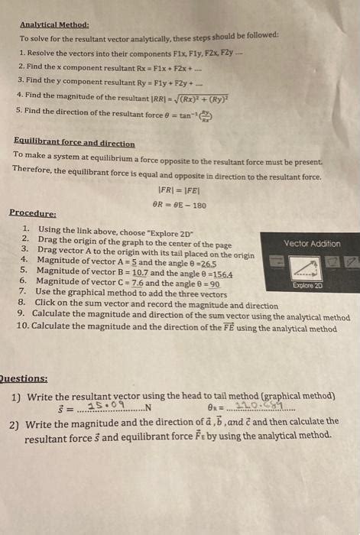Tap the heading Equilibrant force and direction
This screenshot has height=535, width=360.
pyautogui.click(x=74, y=143)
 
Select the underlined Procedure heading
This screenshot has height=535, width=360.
pyautogui.click(x=32, y=213)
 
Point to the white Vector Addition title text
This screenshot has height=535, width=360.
pyautogui.click(x=312, y=243)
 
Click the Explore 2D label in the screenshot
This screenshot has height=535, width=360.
pyautogui.click(x=308, y=284)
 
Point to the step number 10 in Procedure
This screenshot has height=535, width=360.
pyautogui.click(x=22, y=329)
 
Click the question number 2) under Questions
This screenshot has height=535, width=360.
pyautogui.click(x=15, y=422)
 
